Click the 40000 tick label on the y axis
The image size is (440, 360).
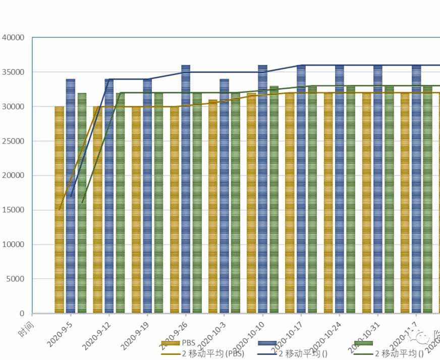(13, 37)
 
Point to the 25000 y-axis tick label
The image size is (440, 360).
(13, 141)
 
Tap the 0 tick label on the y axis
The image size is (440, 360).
(22, 314)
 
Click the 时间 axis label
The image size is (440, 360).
(26, 320)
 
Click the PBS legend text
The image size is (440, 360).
(190, 343)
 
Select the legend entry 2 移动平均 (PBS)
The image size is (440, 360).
(212, 353)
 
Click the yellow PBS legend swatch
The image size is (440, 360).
(171, 343)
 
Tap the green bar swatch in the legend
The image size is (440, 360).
(363, 343)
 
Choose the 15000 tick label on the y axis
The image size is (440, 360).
(13, 210)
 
